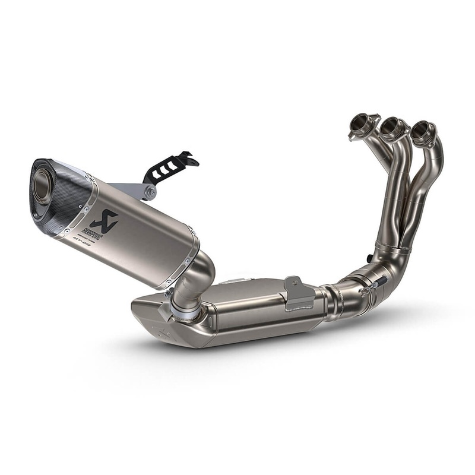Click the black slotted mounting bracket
169,167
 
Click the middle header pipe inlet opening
392,127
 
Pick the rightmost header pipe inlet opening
423,131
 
